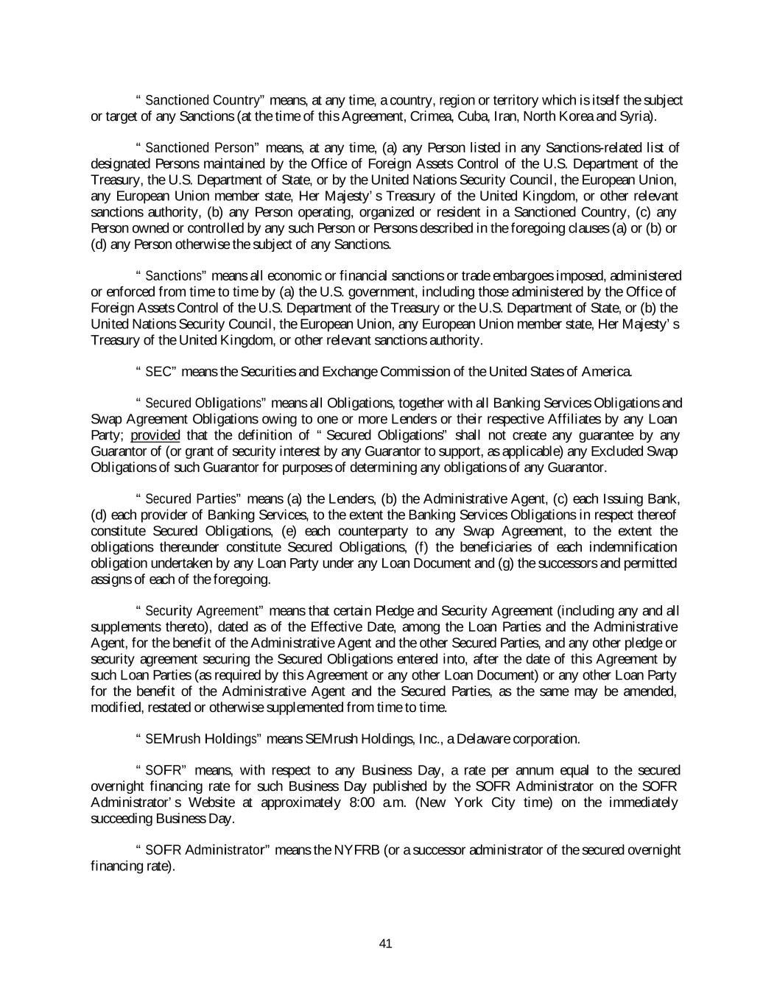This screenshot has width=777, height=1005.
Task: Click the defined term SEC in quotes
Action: click(x=158, y=372)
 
